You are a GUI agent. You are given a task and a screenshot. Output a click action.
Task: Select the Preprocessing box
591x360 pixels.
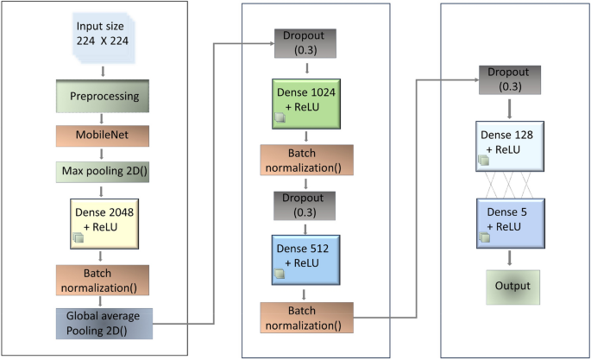(104, 96)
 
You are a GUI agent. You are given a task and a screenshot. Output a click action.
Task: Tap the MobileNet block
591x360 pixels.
(104, 136)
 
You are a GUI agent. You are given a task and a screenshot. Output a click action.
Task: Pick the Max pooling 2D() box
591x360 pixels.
(104, 171)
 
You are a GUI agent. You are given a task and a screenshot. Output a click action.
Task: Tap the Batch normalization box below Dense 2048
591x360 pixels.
(104, 279)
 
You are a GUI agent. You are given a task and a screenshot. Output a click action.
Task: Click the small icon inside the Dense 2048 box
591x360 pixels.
(79, 235)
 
